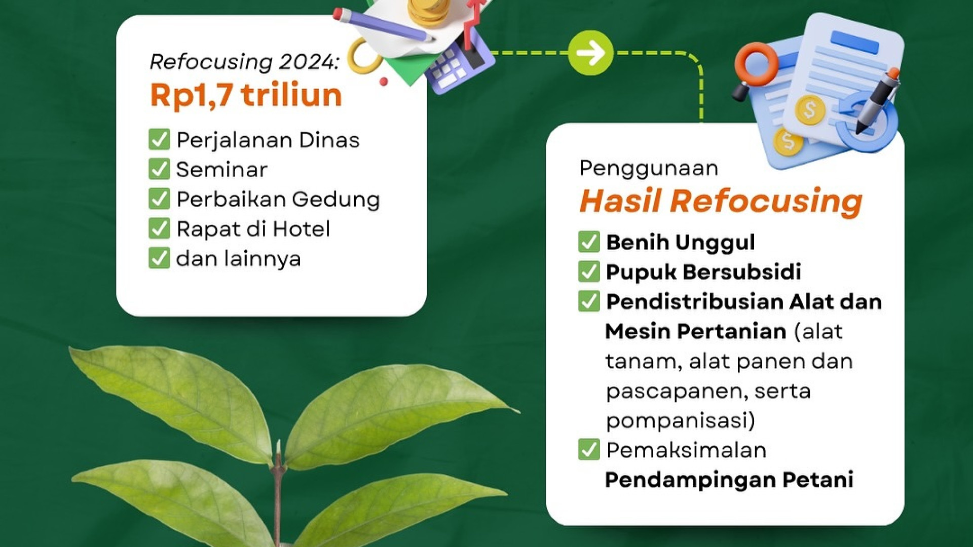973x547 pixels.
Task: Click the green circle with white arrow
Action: [x=590, y=53]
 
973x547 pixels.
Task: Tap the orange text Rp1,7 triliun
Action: [x=246, y=95]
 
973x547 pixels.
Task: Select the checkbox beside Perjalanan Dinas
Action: [x=159, y=139]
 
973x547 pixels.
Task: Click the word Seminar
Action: [x=221, y=170]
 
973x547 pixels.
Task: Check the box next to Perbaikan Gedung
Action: [x=159, y=199]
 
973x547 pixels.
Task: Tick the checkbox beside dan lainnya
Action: [x=159, y=258]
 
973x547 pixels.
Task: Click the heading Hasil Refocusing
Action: [x=721, y=201]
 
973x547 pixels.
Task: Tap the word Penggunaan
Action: [x=649, y=168]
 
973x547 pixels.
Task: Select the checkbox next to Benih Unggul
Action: [x=589, y=242]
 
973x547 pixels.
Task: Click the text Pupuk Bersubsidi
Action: [x=703, y=272]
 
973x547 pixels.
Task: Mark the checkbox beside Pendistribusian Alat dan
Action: [x=589, y=301]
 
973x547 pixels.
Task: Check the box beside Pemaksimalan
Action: [x=589, y=449]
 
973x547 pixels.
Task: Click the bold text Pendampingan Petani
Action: [x=729, y=480]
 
